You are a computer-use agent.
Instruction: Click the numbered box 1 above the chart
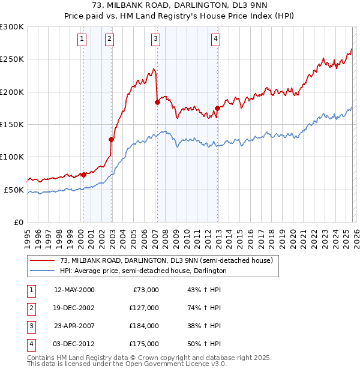(81, 40)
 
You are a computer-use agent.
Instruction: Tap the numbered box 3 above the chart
(155, 40)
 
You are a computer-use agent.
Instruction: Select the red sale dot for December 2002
(112, 139)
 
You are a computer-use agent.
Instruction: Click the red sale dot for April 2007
(157, 102)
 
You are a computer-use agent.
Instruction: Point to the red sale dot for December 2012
(217, 108)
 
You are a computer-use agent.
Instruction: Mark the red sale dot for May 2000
(83, 175)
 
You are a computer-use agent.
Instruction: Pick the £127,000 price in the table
(145, 308)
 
